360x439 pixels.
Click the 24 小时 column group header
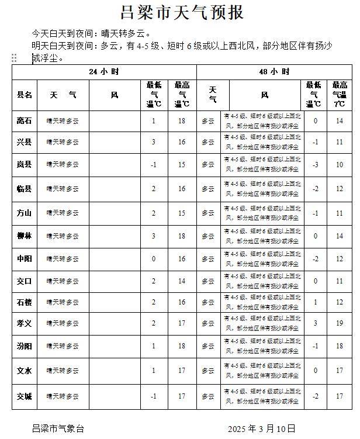click(104, 72)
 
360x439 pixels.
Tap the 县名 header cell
click(25, 95)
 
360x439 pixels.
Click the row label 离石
click(25, 121)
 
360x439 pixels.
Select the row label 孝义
click(25, 323)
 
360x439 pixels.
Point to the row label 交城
click(25, 397)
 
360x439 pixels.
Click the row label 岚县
click(25, 165)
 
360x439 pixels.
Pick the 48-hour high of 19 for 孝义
click(340, 323)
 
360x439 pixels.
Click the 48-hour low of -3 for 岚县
click(315, 165)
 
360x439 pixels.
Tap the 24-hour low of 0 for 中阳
click(154, 259)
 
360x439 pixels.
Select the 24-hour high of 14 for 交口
click(182, 281)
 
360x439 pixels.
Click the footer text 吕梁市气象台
click(58, 428)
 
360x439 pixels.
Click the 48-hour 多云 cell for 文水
click(209, 371)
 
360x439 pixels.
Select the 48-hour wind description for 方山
click(262, 213)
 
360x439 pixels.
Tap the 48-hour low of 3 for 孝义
click(315, 323)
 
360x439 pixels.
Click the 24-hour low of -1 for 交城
click(154, 397)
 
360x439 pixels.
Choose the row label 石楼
click(25, 302)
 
